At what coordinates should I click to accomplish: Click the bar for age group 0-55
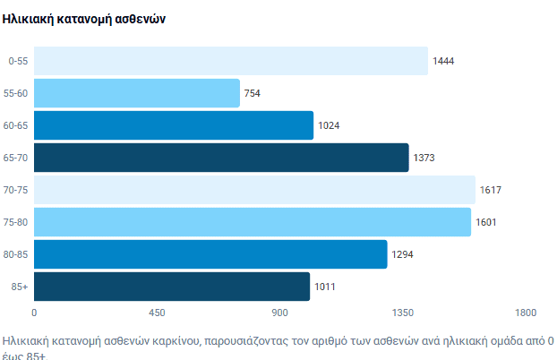pos(230,61)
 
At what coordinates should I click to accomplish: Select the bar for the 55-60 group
pos(136,93)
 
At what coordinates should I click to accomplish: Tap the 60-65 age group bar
pos(173,125)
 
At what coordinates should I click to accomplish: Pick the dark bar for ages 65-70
pos(220,158)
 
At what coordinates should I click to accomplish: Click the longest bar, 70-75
pos(254,190)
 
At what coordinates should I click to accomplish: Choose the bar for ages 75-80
pos(252,222)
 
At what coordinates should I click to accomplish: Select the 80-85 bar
pos(210,254)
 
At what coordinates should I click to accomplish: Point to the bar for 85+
pos(171,287)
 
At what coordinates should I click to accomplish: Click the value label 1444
pos(444,61)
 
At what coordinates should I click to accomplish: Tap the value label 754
pos(253,93)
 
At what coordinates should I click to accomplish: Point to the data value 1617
pos(492,190)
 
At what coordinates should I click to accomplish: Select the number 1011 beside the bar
pos(326,287)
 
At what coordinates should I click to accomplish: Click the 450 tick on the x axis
pos(157,313)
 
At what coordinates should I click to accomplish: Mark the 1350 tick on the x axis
pos(403,313)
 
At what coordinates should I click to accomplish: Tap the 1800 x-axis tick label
pos(525,313)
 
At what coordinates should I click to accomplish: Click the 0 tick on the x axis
pos(34,313)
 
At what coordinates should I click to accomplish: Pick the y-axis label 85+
pos(17,287)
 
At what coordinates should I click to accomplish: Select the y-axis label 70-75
pos(15,190)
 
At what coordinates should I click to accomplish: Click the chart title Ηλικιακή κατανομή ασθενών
pos(84,19)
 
